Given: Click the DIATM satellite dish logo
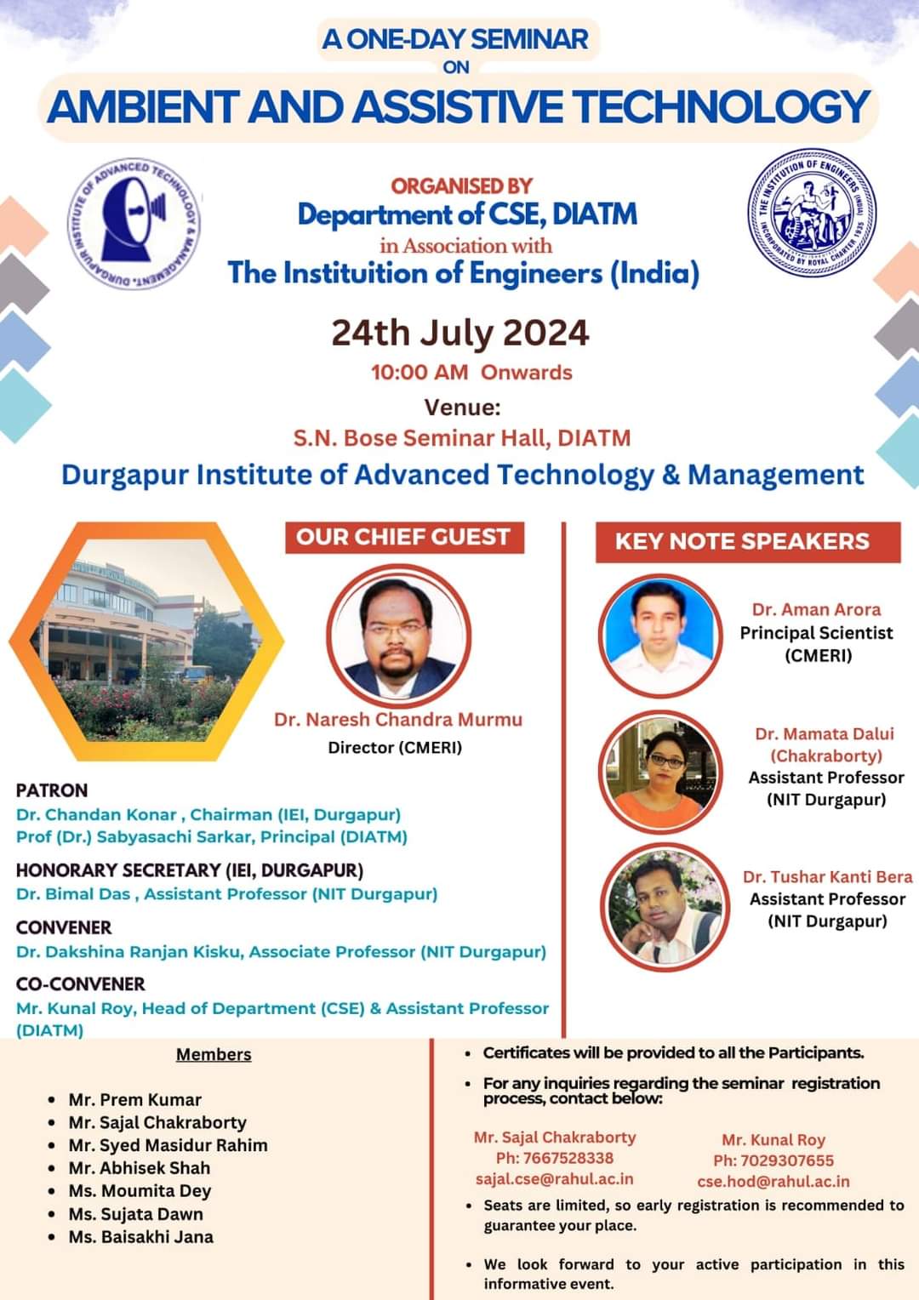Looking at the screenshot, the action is [134, 224].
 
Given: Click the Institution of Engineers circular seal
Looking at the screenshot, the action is [812, 211].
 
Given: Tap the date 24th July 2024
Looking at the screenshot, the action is [460, 334].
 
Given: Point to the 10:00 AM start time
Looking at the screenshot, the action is [420, 372].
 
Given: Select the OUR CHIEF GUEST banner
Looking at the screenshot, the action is [404, 538].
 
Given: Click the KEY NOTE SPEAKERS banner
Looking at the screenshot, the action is [748, 541].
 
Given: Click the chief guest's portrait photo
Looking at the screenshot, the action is [398, 636].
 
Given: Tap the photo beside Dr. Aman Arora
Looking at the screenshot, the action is [660, 636].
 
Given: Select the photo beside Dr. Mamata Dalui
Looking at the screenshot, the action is [660, 772].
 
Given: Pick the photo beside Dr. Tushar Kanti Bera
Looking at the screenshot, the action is [664, 907].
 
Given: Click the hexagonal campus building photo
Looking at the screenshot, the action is [146, 641].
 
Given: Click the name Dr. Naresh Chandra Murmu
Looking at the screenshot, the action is [398, 720].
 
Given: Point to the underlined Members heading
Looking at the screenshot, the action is [214, 1054].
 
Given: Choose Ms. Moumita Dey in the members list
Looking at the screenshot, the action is [140, 1191].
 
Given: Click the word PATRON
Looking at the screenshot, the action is [52, 790].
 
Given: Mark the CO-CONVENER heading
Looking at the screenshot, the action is [81, 984].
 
